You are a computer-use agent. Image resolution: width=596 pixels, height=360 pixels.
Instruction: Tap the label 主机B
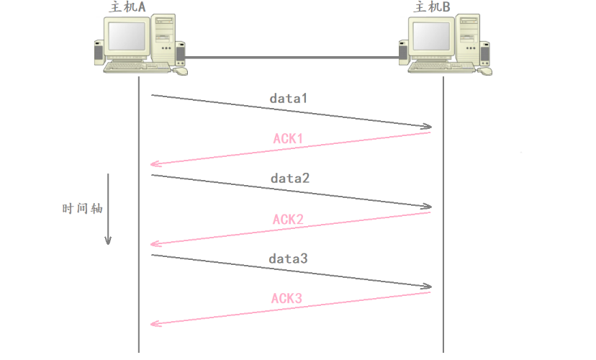(435, 7)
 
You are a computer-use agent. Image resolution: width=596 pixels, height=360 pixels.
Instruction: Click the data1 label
(289, 97)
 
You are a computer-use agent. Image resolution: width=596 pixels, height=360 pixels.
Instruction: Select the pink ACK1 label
(289, 138)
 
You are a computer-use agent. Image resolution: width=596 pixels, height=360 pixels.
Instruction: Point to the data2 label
(290, 177)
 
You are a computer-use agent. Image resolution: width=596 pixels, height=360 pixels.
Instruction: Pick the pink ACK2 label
(289, 219)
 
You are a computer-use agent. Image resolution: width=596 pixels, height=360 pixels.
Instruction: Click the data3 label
(289, 258)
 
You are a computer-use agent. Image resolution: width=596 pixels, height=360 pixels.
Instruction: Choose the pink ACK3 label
(287, 298)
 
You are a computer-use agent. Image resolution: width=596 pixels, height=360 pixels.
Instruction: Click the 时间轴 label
(82, 209)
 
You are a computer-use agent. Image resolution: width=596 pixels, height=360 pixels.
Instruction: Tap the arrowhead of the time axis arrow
(108, 240)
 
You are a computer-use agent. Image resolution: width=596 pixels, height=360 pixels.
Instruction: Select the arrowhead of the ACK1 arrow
(154, 165)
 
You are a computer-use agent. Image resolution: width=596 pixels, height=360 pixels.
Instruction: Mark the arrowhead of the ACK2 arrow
(154, 245)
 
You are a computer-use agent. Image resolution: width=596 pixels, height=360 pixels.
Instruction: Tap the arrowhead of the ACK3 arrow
(154, 325)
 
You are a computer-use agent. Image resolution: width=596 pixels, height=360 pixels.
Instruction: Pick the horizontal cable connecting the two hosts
(292, 57)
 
